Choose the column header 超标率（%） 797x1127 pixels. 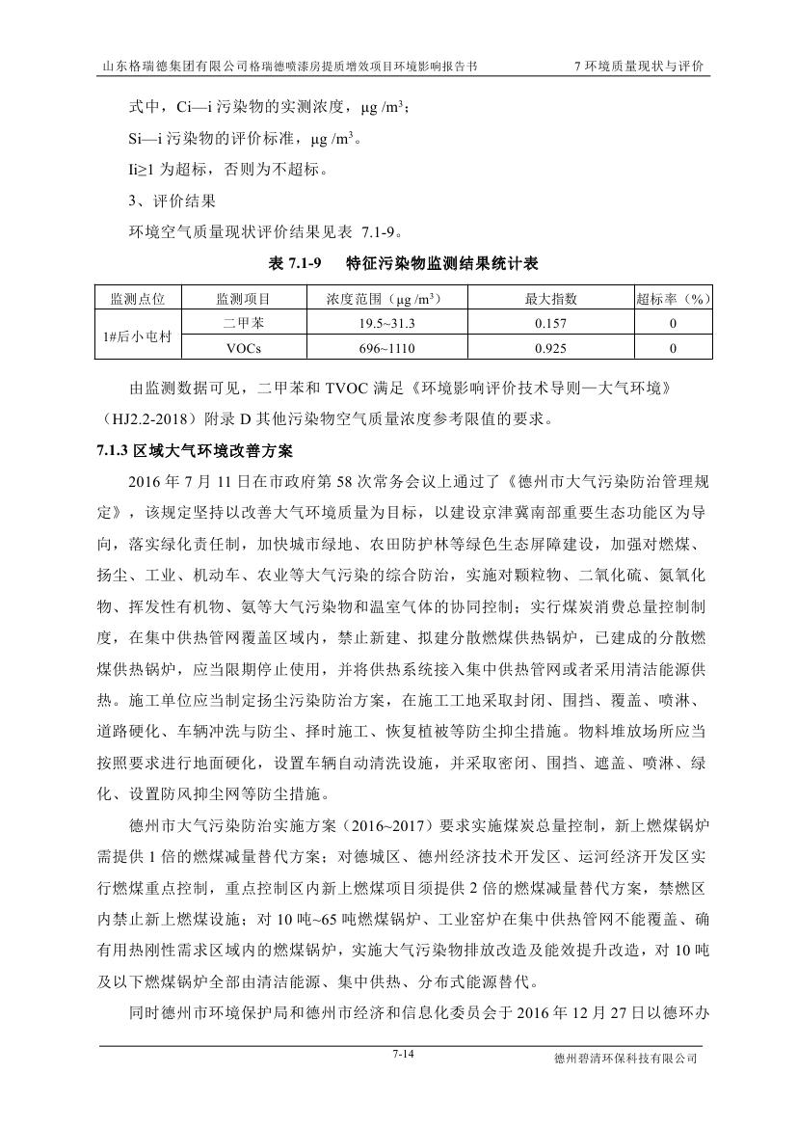pos(673,298)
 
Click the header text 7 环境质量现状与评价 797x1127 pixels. pos(638,67)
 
